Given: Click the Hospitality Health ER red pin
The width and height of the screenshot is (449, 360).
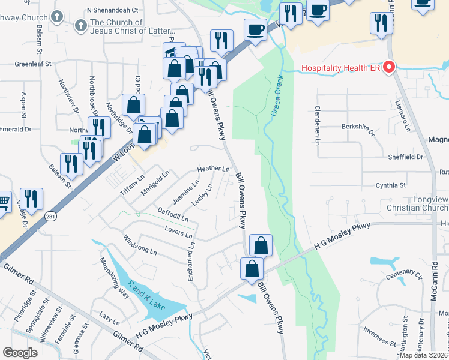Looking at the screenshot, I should click(x=388, y=68).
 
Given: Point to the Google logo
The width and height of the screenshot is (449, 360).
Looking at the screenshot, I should click(x=20, y=353).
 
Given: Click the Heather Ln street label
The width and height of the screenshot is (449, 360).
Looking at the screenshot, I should click(x=214, y=169).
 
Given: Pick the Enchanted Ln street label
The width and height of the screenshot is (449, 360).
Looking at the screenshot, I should click(x=191, y=262).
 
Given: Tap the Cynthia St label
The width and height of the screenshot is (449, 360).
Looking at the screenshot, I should click(x=391, y=185).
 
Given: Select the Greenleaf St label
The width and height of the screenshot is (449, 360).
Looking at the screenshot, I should click(x=34, y=63).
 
